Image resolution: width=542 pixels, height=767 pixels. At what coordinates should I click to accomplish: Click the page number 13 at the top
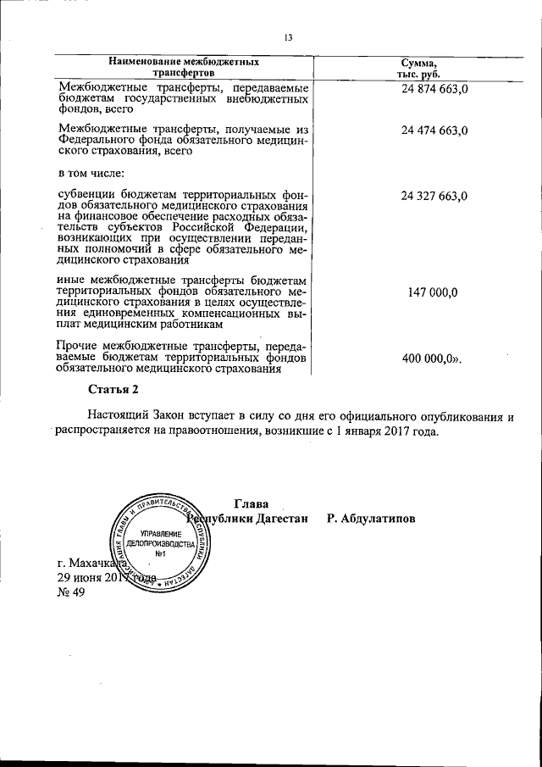pos(288,38)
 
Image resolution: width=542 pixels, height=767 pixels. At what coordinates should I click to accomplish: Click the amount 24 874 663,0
pos(435,89)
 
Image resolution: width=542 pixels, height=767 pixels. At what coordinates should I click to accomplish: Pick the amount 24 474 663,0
pos(435,130)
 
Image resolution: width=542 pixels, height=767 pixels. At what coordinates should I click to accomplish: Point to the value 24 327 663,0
pos(435,196)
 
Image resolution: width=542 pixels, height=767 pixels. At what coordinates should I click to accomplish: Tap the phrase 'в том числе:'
pos(91,173)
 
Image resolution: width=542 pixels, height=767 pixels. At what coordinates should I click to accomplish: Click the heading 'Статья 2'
pos(113,390)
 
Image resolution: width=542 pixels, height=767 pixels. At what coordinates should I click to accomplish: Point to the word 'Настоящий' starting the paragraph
pos(118,417)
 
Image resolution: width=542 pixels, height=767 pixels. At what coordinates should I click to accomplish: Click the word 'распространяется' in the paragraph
pos(104,432)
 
